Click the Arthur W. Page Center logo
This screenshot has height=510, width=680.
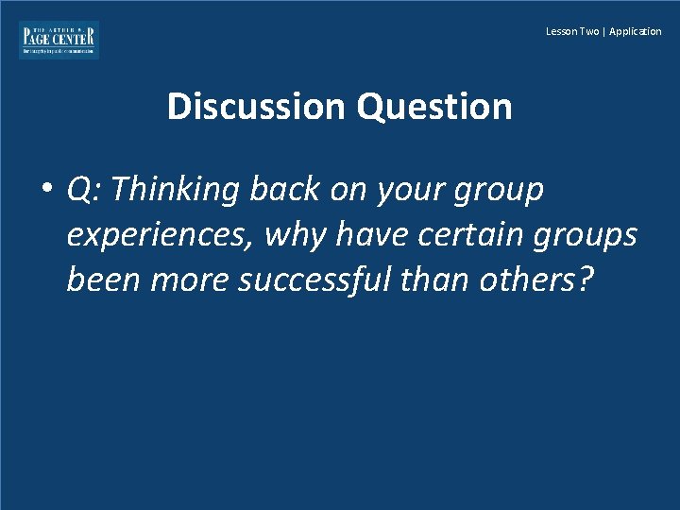(59, 40)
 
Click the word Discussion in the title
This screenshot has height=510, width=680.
(258, 107)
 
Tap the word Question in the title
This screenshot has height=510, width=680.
(434, 107)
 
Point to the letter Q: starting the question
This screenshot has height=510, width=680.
(85, 191)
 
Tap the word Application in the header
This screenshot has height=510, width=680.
(636, 31)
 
